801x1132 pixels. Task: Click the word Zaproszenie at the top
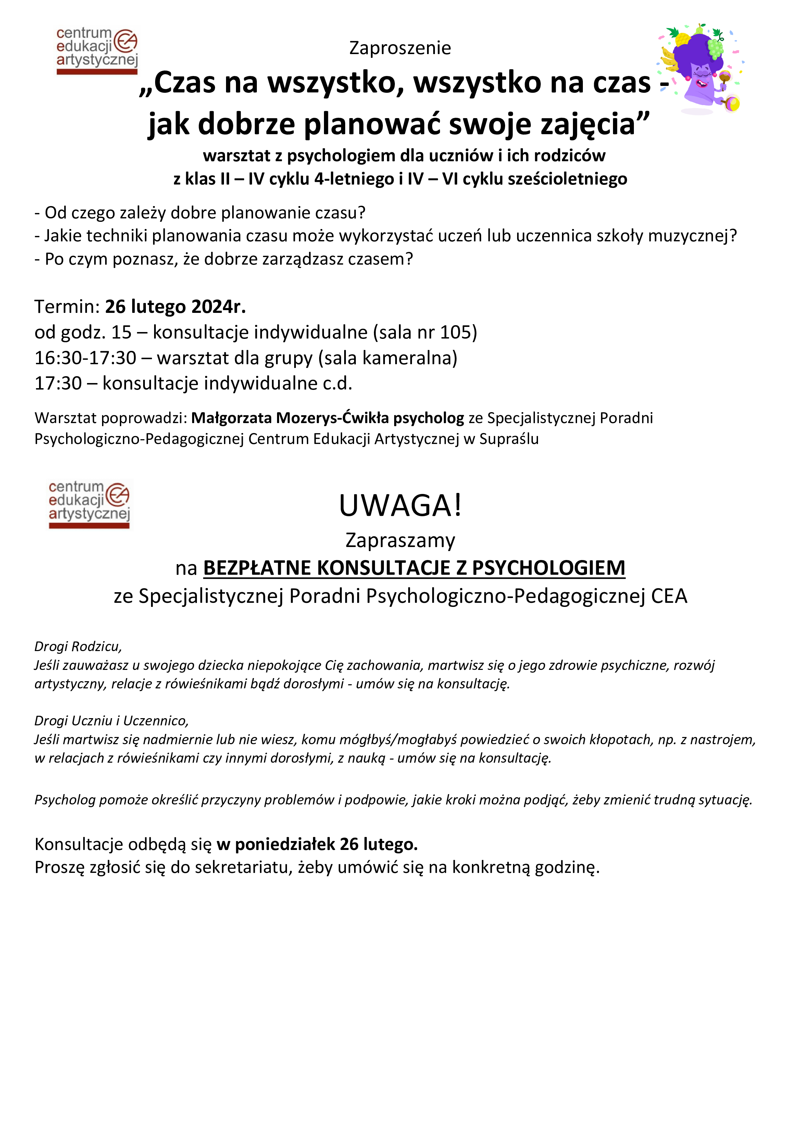click(400, 48)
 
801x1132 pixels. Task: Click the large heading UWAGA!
click(400, 505)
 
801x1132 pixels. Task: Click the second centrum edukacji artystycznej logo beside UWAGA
click(89, 504)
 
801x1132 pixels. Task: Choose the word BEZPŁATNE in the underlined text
click(257, 568)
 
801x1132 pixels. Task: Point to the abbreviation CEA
click(669, 596)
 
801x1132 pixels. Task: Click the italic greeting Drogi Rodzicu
click(78, 646)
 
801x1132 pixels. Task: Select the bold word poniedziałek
click(285, 844)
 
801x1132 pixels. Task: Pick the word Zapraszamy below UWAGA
click(400, 540)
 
